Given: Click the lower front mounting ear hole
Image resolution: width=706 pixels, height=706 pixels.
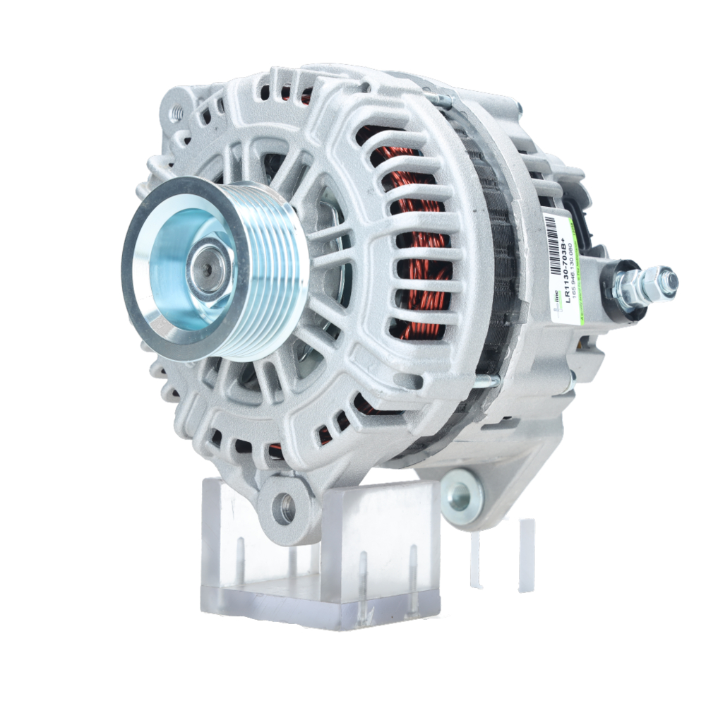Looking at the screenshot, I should pos(284,508).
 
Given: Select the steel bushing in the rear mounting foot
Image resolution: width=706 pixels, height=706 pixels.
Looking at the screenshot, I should pos(460,495).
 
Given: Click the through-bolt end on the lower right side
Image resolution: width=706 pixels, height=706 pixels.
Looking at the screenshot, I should pos(487,382).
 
